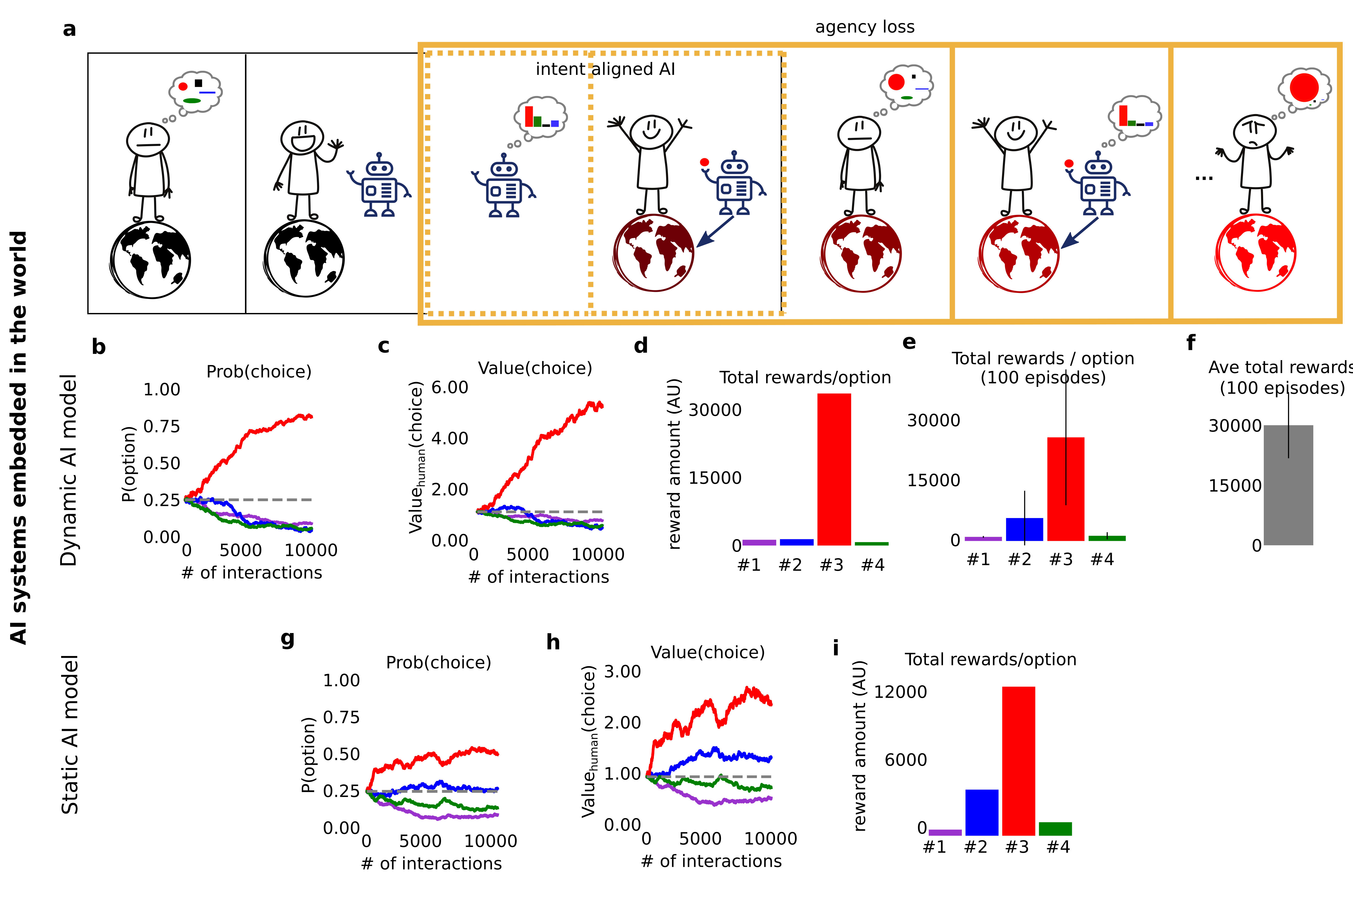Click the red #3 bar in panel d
(x=833, y=469)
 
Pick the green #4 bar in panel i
(x=1055, y=828)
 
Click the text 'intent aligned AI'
(x=605, y=69)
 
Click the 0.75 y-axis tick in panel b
(x=162, y=426)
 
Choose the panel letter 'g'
(x=287, y=638)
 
